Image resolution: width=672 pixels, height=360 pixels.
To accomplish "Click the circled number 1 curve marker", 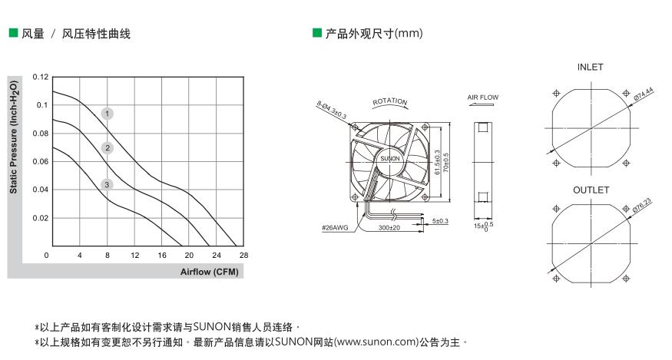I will click(108, 114).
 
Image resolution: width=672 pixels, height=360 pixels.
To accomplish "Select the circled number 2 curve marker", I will click(108, 148).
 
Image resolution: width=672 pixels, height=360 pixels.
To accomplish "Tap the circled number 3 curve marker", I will click(108, 184).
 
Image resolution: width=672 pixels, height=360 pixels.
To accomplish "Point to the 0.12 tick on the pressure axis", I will click(40, 78).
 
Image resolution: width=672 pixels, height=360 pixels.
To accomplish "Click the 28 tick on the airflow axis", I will click(244, 255).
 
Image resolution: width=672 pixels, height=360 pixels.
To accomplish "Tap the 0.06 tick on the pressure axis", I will click(40, 162).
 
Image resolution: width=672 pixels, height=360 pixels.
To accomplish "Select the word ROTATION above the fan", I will click(389, 102).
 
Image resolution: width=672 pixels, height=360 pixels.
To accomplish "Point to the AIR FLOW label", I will click(483, 97).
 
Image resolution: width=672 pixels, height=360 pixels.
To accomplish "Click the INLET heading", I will click(591, 68).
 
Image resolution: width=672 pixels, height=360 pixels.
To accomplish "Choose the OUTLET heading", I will click(591, 190).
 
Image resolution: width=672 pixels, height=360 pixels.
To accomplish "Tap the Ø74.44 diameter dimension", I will click(644, 95).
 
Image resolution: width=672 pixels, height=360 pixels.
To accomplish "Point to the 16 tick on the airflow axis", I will click(162, 255).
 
